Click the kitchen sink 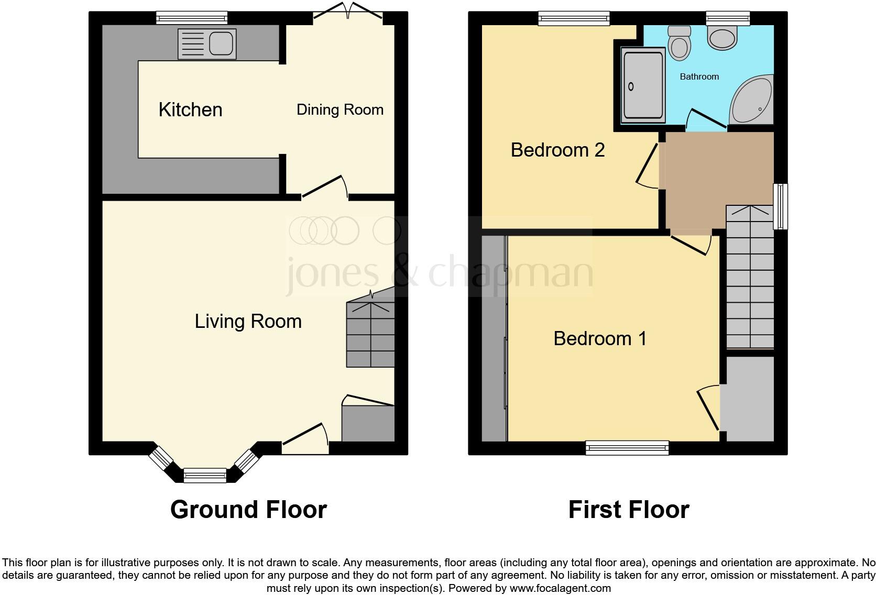(x=207, y=43)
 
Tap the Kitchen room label (x=190, y=110)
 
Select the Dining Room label (x=340, y=110)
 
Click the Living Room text (x=248, y=321)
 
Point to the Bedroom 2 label (x=557, y=150)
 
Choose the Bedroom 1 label (x=600, y=339)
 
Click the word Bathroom (x=699, y=77)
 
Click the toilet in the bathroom (x=680, y=42)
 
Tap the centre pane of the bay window (x=204, y=476)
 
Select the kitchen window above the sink (x=192, y=19)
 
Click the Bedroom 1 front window (x=627, y=448)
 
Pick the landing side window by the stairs (x=781, y=206)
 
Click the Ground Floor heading (x=248, y=510)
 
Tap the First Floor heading (x=628, y=510)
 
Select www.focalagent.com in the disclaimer (x=560, y=588)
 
